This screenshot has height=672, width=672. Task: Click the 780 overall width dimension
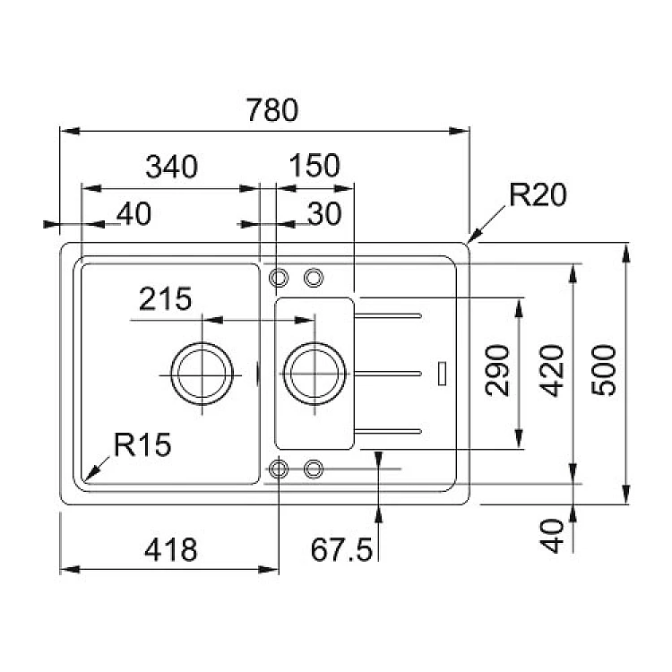271,110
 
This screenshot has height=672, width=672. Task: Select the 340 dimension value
170,167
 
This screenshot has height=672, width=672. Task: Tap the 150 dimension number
314,167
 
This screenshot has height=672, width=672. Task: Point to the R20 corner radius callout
538,194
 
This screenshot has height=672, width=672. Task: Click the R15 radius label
142,444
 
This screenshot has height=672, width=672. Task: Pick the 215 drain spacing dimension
166,298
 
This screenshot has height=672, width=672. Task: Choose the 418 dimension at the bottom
170,549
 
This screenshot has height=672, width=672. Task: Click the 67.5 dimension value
341,549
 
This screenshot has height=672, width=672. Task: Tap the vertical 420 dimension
556,369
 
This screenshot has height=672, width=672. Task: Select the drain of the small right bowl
314,371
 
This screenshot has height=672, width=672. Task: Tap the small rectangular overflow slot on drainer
442,372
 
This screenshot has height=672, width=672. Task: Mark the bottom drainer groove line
389,431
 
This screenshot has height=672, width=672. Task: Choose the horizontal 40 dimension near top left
133,213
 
